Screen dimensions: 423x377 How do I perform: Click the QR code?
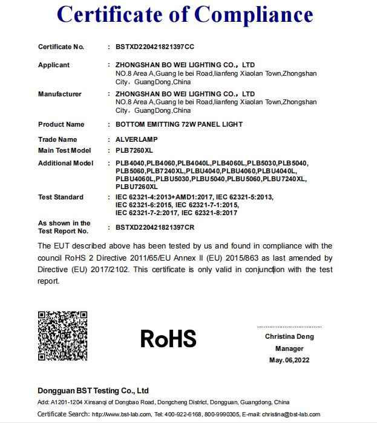[62, 335]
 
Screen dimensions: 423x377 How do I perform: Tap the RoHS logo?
[168, 339]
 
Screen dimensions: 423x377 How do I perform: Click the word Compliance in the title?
[254, 15]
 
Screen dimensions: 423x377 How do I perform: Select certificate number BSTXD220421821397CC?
[155, 47]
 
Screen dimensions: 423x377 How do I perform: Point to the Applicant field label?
[54, 65]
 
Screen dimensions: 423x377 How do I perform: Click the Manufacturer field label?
[60, 94]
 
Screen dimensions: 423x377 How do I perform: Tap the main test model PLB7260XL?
[134, 150]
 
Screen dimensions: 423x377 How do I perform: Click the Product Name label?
[61, 124]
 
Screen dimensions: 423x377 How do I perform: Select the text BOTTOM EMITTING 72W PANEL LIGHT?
[179, 124]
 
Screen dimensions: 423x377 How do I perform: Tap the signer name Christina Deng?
[289, 336]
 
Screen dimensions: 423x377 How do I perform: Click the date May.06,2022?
[289, 361]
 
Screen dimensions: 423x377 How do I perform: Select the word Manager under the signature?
[289, 348]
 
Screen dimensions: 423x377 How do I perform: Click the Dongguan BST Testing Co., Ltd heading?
[93, 390]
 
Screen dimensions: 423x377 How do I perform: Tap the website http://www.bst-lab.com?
[121, 414]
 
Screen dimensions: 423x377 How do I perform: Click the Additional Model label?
[66, 163]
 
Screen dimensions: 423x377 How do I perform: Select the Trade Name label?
[57, 139]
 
